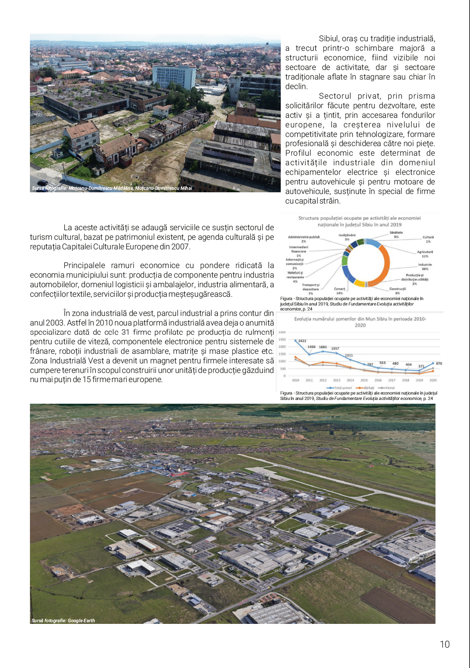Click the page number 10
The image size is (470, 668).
(x=445, y=644)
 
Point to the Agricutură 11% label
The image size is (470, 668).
(x=425, y=254)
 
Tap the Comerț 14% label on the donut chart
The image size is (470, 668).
(x=339, y=291)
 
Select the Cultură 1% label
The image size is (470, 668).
(x=428, y=239)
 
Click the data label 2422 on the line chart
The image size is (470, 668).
(x=302, y=341)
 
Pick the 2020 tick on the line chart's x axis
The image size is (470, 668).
(x=433, y=380)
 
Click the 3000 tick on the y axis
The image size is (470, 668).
(x=282, y=332)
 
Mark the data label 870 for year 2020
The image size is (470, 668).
(x=439, y=363)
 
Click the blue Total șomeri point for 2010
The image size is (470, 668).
(x=295, y=340)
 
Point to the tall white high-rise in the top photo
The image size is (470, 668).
(x=174, y=76)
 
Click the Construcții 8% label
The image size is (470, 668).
(x=398, y=291)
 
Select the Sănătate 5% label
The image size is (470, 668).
(x=396, y=235)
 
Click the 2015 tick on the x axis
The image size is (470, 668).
(x=364, y=380)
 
